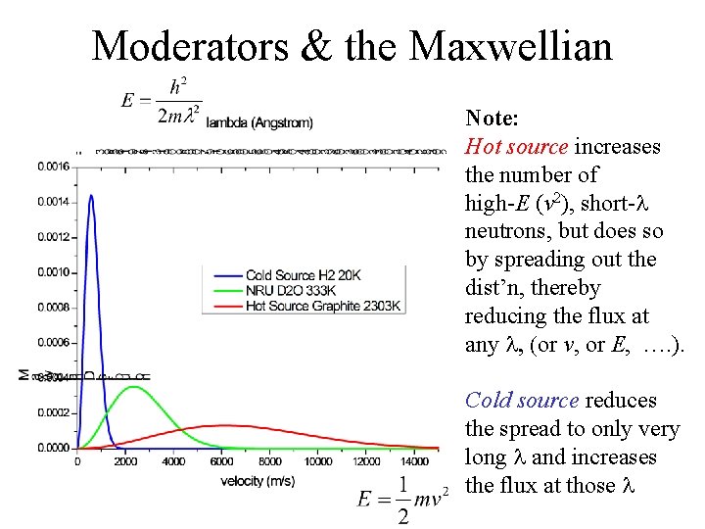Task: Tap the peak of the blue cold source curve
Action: [x=91, y=195]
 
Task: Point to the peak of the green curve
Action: [x=133, y=387]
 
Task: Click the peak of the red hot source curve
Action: [x=225, y=425]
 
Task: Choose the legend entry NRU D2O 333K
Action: [x=292, y=291]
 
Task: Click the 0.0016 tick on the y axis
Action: [x=54, y=167]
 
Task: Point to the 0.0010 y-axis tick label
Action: [x=54, y=272]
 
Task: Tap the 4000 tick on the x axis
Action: [x=173, y=461]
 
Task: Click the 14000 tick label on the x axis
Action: [x=415, y=461]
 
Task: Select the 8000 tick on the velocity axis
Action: [x=269, y=461]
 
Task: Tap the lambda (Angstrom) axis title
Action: [x=259, y=122]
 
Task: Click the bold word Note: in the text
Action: [x=492, y=119]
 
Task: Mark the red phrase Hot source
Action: [x=516, y=147]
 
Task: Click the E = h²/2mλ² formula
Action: [x=161, y=101]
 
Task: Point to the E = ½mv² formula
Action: [x=401, y=499]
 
